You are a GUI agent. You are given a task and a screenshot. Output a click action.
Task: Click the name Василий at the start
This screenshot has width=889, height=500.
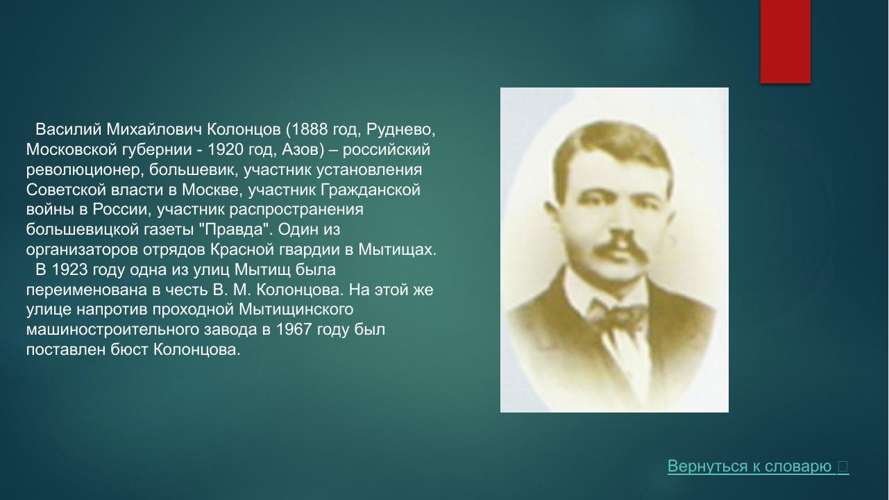(x=68, y=130)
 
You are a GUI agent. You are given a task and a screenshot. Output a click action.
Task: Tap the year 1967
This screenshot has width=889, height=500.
(x=294, y=329)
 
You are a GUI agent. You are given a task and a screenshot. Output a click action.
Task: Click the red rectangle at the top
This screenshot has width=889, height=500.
(x=785, y=42)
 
